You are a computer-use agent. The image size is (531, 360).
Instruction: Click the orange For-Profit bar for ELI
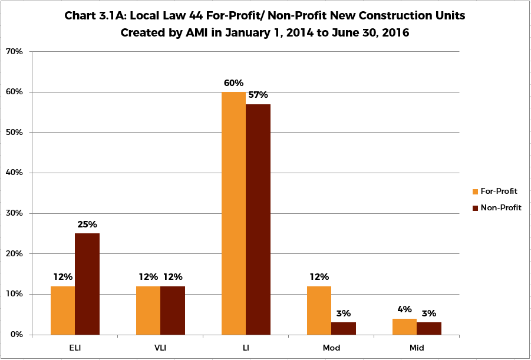[x=62, y=311]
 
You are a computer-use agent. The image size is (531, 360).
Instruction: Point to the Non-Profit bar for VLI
[x=173, y=311]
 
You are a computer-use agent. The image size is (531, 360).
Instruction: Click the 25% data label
[x=87, y=224]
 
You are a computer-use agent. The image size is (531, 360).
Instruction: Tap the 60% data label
[x=233, y=83]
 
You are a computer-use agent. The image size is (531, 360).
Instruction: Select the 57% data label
[x=258, y=95]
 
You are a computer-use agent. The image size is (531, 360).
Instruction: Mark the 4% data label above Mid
[x=404, y=310]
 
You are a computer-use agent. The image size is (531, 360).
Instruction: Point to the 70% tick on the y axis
[x=13, y=52]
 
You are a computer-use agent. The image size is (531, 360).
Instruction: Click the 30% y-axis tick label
[x=13, y=213]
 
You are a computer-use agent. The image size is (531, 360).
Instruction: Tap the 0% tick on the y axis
[x=15, y=335]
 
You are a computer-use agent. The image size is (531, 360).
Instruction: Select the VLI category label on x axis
[x=160, y=348]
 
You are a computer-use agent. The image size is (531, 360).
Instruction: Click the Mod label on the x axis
[x=331, y=348]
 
